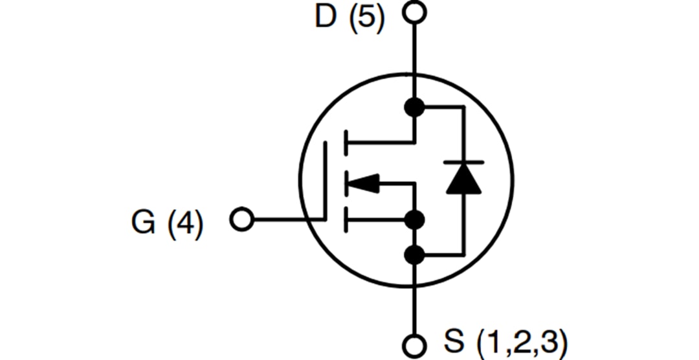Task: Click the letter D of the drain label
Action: coord(327,17)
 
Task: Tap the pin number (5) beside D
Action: coord(366,18)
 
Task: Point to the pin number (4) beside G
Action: coord(185,223)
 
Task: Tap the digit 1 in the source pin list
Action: coord(493,341)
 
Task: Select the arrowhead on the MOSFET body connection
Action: coord(363,184)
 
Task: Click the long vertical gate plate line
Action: coord(326,181)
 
